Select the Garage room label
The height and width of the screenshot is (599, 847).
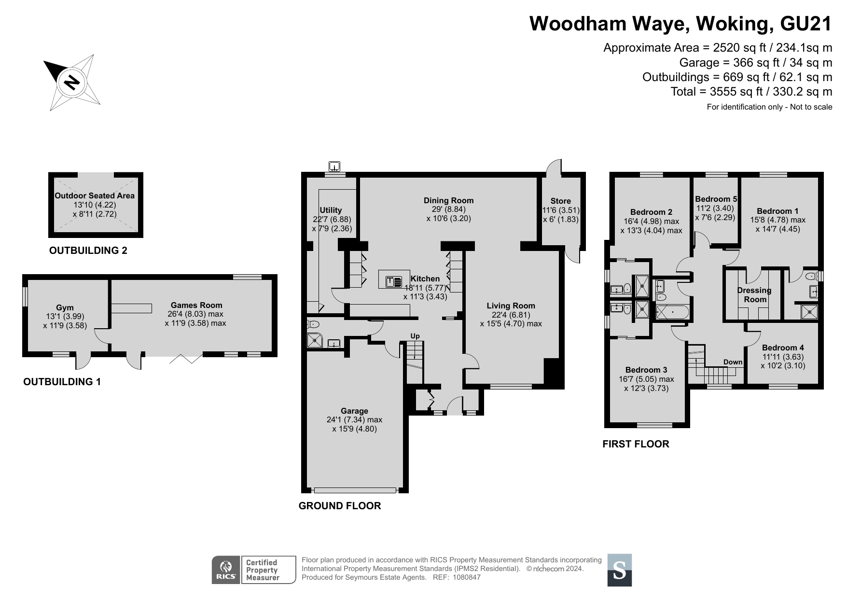point(354,411)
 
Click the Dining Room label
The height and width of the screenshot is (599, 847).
point(448,200)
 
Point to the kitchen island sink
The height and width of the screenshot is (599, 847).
point(394,279)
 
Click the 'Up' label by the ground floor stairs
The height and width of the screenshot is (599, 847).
point(415,336)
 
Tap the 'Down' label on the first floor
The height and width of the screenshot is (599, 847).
point(733,362)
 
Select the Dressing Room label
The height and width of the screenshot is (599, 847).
point(754,294)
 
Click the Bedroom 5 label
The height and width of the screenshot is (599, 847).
point(716,199)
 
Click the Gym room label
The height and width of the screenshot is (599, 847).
point(65,308)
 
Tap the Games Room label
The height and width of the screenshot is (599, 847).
point(196,305)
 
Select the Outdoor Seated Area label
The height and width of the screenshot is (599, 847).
point(95,195)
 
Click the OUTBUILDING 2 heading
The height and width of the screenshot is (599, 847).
point(88,251)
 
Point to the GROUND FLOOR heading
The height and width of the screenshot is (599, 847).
point(340,506)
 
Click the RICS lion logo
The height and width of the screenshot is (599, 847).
point(226,570)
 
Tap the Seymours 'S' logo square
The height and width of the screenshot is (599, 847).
point(619,570)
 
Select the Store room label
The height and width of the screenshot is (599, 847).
point(560,201)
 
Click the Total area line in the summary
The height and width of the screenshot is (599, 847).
point(751,91)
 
